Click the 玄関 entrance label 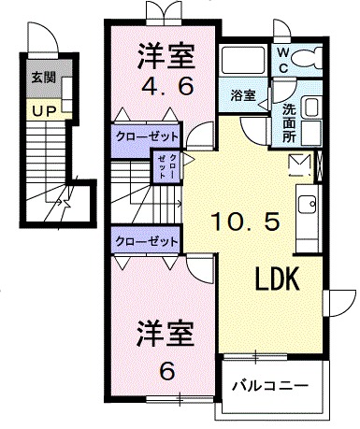coord(44,77)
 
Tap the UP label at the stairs coord(44,111)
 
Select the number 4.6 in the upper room coord(167,87)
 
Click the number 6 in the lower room coord(167,371)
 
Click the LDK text coord(277,279)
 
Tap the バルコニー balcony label coord(270,386)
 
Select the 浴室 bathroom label coord(243,95)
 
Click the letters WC coord(283,61)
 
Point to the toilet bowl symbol coord(308,58)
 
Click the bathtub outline coord(243,60)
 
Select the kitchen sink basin coord(307,205)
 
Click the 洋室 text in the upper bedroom coord(166,56)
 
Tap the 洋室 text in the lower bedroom coord(166,334)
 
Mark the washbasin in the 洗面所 coord(312,107)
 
